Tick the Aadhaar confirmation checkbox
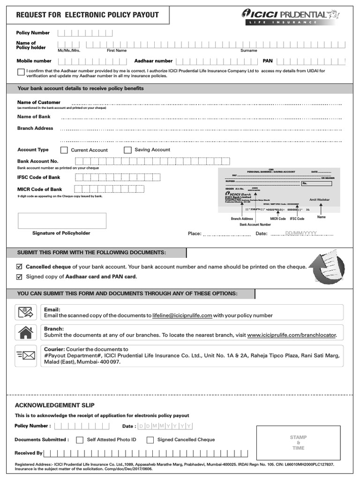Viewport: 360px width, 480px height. click(21, 72)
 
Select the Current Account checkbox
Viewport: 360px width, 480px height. click(64, 150)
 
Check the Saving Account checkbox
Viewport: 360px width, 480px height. click(127, 150)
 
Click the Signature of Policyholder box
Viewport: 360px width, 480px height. click(62, 221)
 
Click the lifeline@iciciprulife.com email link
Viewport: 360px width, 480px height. click(182, 316)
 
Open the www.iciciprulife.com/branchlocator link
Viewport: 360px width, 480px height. click(292, 336)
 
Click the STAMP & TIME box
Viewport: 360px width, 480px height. click(298, 442)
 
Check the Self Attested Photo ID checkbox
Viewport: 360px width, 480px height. click(80, 440)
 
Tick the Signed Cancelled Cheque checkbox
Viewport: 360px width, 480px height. click(150, 440)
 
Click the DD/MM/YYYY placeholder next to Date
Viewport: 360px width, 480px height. click(301, 233)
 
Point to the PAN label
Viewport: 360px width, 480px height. click(267, 61)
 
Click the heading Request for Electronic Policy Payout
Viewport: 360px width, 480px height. click(87, 15)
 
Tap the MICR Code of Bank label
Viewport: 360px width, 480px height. click(39, 189)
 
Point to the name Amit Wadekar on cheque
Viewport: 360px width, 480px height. click(320, 200)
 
